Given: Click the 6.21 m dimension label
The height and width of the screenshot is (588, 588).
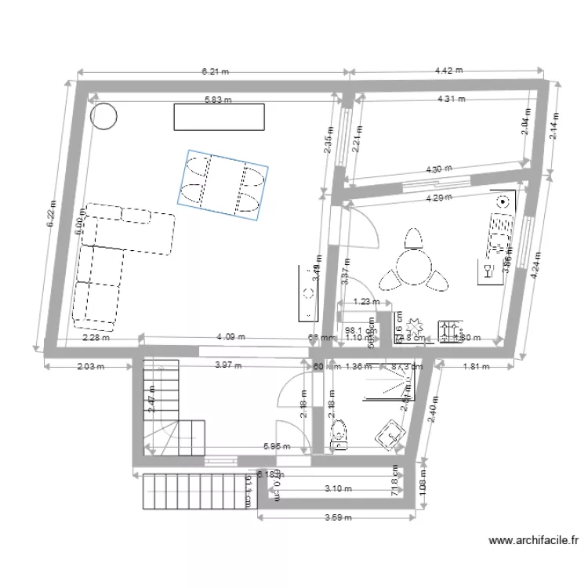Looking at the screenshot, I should coord(215,71).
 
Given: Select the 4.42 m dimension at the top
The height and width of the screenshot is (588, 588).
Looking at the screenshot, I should coord(448,70).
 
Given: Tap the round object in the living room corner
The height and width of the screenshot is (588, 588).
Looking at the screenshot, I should coord(103,118).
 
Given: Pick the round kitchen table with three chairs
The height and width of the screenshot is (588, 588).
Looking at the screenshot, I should coord(412,267).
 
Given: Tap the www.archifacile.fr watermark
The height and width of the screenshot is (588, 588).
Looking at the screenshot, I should coord(532,540).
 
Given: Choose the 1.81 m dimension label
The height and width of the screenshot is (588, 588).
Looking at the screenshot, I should coord(476,366).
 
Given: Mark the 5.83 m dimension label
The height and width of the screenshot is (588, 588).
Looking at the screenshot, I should coord(219,100).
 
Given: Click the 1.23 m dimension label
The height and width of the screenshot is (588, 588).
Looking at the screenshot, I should coord(365,301).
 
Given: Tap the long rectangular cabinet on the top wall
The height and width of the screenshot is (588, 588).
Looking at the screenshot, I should coord(219,118).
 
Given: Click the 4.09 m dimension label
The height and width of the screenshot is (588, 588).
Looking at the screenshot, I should coord(230,337).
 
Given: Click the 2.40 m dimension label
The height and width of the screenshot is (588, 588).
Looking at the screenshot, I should coord(430,408).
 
